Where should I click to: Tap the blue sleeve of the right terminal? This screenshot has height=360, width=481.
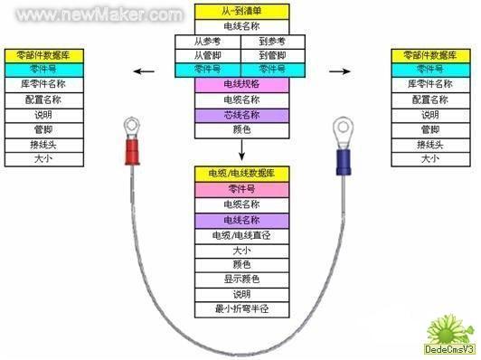tap(344, 163)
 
